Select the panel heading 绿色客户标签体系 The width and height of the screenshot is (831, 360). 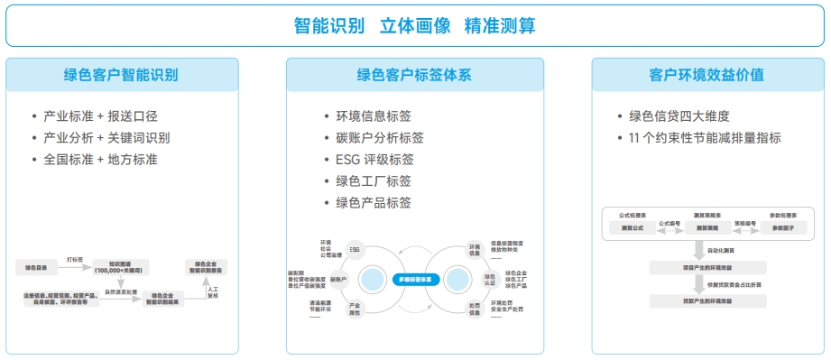pyautogui.click(x=414, y=75)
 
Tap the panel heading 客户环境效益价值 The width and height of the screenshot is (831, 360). pyautogui.click(x=706, y=75)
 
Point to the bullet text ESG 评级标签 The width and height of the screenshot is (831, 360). pyautogui.click(x=367, y=160)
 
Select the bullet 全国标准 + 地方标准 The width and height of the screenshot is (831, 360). pyautogui.click(x=100, y=159)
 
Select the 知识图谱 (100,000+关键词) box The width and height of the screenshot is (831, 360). pyautogui.click(x=121, y=267)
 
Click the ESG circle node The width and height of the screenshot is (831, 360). pyautogui.click(x=355, y=248)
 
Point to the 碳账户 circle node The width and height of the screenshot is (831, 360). pyautogui.click(x=338, y=280)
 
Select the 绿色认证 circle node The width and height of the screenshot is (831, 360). pyautogui.click(x=490, y=279)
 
